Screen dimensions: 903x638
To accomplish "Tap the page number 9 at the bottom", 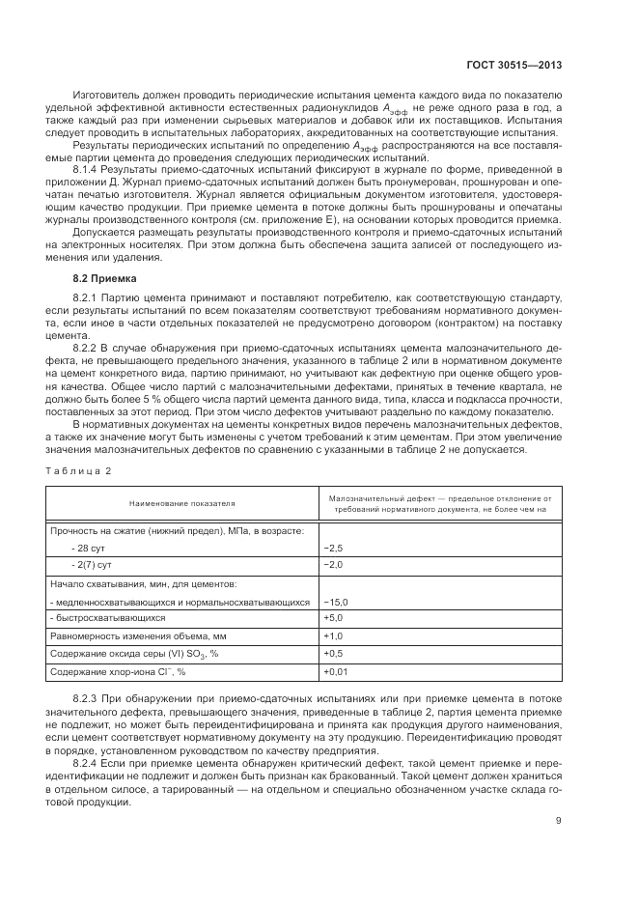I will (x=559, y=822).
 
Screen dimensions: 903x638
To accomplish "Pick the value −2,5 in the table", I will (x=333, y=548).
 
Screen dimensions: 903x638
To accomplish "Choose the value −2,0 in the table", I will (x=333, y=564).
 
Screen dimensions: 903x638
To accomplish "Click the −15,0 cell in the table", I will (x=336, y=602).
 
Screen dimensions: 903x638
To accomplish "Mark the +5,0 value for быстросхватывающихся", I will (x=333, y=617).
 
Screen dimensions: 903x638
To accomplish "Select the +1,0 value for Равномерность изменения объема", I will (x=333, y=635).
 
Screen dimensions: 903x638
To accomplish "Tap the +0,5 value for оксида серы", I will (x=333, y=654).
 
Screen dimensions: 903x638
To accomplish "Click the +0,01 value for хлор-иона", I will (x=336, y=671).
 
